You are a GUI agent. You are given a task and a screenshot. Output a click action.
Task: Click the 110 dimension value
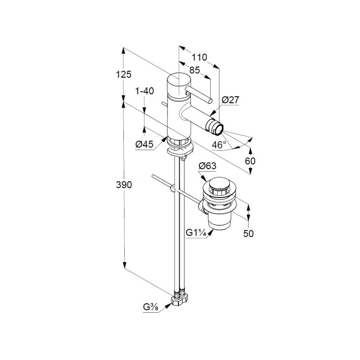(199, 57)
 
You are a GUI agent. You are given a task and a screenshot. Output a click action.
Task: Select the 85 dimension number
(195, 70)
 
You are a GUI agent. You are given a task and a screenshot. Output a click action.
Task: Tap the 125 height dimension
(123, 74)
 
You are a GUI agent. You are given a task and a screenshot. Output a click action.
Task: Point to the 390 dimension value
(124, 184)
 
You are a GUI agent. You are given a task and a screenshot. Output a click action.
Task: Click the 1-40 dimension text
(144, 91)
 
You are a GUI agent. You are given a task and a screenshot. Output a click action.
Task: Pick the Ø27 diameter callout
(230, 100)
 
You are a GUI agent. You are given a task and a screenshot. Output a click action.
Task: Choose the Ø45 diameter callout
(144, 144)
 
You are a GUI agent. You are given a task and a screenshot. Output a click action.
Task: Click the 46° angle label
(219, 144)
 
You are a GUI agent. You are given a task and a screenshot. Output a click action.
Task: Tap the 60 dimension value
(250, 161)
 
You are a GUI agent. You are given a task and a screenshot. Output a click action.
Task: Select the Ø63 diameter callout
(207, 166)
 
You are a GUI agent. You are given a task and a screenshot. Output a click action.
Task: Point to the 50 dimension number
(248, 234)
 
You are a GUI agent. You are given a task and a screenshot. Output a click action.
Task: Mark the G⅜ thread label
(151, 307)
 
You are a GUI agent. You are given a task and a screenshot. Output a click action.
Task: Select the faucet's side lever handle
(199, 94)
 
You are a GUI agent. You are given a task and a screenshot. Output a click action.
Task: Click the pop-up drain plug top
(220, 183)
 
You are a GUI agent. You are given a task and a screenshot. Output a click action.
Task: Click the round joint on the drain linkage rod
(173, 189)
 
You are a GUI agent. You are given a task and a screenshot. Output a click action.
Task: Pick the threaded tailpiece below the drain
(220, 221)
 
